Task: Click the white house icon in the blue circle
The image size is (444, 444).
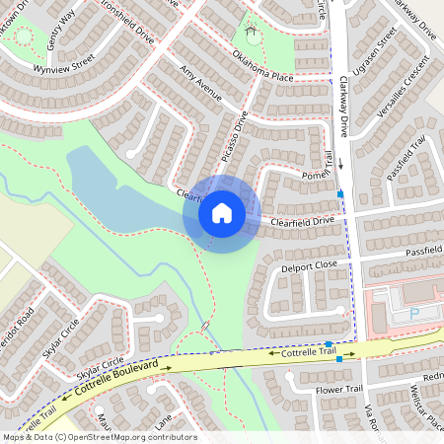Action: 221,213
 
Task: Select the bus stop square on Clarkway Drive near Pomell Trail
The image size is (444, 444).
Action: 340,194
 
